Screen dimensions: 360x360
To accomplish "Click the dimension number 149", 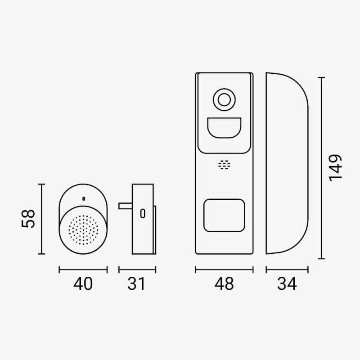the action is tap(335, 168).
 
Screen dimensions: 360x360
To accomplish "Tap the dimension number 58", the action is tap(28, 218).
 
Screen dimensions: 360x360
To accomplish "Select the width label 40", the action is tap(83, 284).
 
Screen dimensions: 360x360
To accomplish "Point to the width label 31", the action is tap(136, 284).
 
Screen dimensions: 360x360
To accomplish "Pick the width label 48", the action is tap(224, 284).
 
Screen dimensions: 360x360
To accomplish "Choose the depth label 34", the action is tap(287, 284).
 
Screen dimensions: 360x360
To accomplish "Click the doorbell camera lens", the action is tap(224, 99).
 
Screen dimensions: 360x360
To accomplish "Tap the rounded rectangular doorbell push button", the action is tap(224, 216).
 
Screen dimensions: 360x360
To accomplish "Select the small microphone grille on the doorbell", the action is tap(224, 165).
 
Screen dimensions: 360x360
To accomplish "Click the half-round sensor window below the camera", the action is tap(224, 128).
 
